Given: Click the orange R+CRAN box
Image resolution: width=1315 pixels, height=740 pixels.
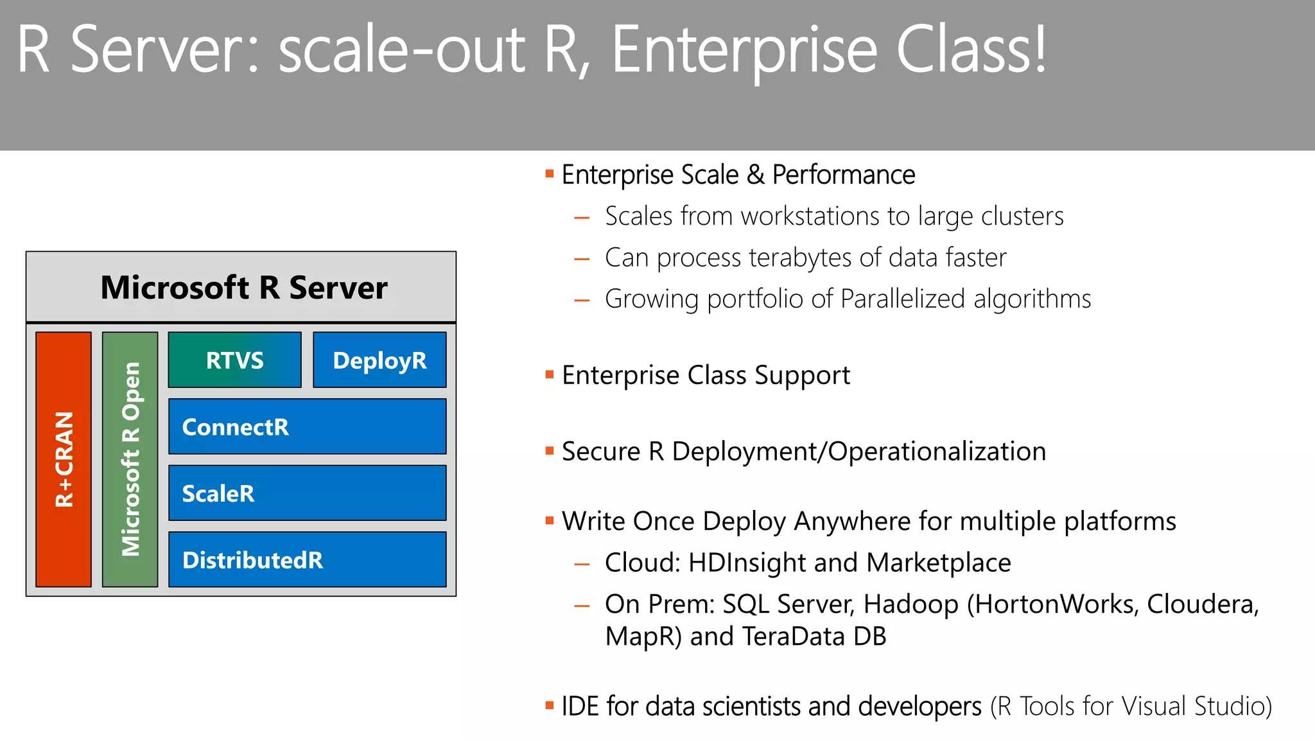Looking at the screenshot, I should coord(64,459).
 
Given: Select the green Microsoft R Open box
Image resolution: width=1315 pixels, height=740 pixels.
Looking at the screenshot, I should coord(130,459).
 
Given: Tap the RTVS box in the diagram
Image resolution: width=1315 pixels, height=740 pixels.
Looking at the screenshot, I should coord(234,360).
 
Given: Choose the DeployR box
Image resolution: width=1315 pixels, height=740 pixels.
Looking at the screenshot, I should coord(379,360).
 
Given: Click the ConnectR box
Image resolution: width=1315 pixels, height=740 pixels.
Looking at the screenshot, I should coord(307,427).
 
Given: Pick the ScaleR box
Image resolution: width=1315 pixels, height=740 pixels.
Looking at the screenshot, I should coord(307,493).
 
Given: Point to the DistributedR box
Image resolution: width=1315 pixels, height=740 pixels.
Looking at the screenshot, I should coord(307,559).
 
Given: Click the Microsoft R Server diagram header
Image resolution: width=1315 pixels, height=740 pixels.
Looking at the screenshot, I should coord(244,287).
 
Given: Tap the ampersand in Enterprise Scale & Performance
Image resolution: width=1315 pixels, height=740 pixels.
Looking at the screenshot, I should coord(756,175).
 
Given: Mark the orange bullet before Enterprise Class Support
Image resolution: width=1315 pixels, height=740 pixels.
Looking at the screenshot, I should coord(549,374).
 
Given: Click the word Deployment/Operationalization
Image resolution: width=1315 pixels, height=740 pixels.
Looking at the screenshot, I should coord(859,452).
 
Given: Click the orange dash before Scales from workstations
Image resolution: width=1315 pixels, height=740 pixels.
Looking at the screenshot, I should coord(582,218).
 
